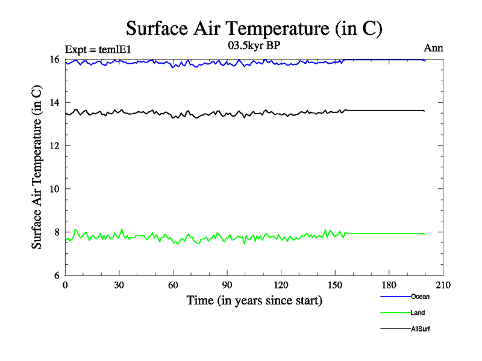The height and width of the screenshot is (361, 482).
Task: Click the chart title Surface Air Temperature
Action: pos(254,28)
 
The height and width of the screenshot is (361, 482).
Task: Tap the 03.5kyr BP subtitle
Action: pos(254,46)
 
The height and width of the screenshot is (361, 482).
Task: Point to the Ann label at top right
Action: pos(434,49)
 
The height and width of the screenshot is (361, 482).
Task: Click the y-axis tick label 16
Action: pos(54,60)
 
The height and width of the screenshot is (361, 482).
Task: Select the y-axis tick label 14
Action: pos(54,103)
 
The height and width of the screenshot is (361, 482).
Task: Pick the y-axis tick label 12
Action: pos(54,146)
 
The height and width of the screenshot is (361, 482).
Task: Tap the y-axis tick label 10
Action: pos(54,189)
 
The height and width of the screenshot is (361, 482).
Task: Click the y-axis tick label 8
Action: pos(57,232)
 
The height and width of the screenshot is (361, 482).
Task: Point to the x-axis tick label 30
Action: pos(119,286)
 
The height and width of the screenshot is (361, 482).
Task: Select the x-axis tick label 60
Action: pos(174,286)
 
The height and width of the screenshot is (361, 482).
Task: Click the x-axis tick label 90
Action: pos(227,286)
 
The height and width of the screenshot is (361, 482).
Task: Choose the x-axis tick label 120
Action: pos(281,286)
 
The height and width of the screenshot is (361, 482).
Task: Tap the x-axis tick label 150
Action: pos(335,286)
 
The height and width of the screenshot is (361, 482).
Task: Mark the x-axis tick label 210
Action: pos(443,286)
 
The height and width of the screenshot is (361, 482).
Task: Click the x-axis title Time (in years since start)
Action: pos(254,300)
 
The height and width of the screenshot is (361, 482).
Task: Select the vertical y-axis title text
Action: pos(37,167)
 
